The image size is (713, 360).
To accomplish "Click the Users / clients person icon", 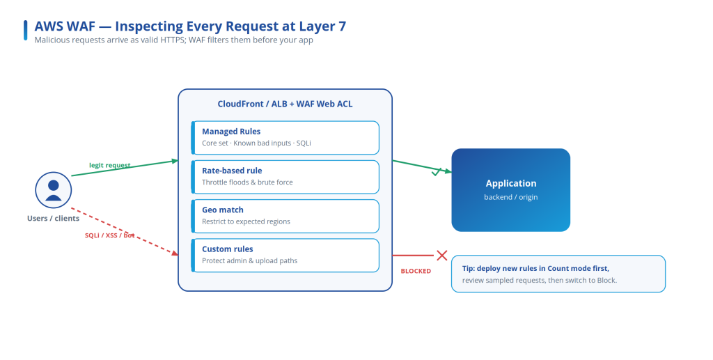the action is [x=53, y=190].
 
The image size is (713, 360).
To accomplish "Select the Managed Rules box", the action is [x=285, y=138].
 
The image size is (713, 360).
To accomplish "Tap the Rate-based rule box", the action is [x=285, y=177].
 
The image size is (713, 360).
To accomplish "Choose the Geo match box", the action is [x=285, y=216].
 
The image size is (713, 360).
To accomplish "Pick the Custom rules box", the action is [x=285, y=256].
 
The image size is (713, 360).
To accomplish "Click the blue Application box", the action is [x=510, y=190].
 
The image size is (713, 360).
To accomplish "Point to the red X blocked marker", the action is [x=442, y=256].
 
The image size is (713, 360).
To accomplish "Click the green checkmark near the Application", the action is [x=437, y=172].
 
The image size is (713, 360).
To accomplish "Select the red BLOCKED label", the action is [x=416, y=271].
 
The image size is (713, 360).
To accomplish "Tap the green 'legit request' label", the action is [x=109, y=166].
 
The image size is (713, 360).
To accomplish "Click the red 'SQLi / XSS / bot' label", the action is [x=109, y=235].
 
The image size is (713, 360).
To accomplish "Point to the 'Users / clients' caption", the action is [x=53, y=218].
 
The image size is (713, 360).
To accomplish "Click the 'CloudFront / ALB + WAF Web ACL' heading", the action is [x=285, y=104].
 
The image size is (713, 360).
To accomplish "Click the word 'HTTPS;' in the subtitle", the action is [x=173, y=40].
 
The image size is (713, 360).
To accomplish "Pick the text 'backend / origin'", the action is [x=510, y=197].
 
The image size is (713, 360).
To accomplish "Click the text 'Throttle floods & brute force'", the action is [x=247, y=182].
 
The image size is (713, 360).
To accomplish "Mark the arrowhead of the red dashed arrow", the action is [x=175, y=252].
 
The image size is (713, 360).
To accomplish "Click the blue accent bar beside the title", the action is [x=26, y=30].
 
